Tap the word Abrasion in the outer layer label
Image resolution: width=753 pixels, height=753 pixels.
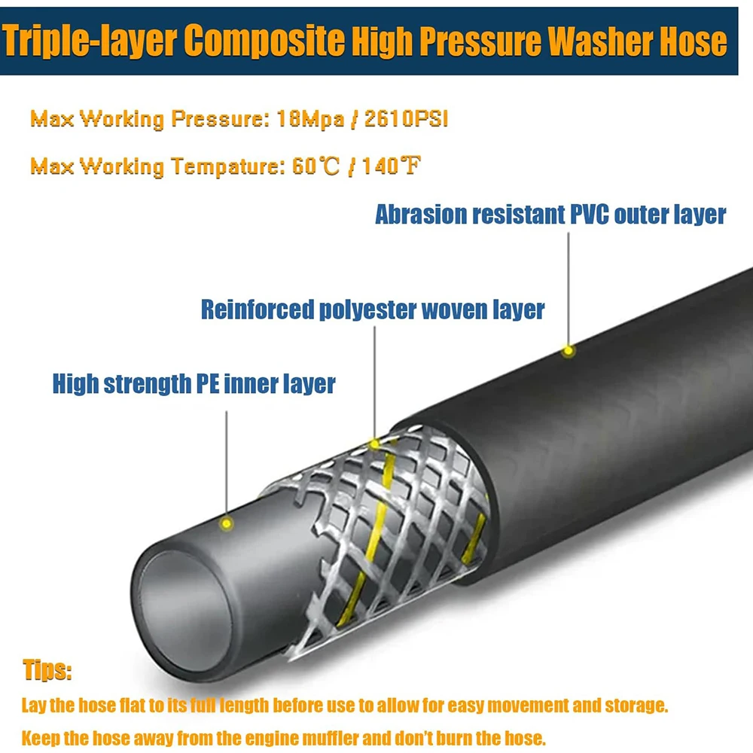[x=419, y=215]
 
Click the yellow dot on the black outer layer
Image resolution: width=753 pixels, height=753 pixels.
[x=569, y=350]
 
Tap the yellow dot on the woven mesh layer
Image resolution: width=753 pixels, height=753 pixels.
[x=374, y=444]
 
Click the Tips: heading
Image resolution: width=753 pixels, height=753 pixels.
[x=48, y=671]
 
